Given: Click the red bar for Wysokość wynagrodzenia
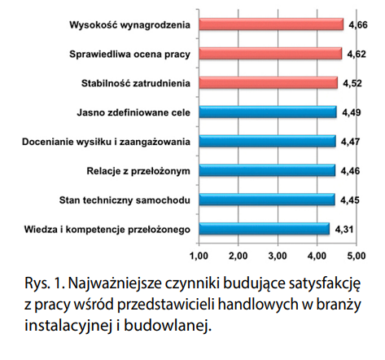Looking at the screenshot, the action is [x=271, y=24].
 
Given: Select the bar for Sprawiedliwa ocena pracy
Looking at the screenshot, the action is [x=270, y=54].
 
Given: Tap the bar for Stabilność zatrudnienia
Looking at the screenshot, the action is [x=269, y=83].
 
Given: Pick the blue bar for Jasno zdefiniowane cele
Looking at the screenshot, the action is [x=268, y=112].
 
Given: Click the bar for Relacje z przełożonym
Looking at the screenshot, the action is [x=267, y=170].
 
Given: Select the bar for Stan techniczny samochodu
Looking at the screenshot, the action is [x=267, y=200].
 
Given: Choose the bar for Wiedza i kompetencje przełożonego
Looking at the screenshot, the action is [x=265, y=229].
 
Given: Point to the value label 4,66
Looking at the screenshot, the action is [x=358, y=25].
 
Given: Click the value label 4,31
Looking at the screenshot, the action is [x=344, y=230].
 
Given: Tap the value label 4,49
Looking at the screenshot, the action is [x=352, y=112].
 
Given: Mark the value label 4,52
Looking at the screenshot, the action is [x=352, y=83].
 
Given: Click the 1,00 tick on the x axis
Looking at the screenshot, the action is [x=199, y=256].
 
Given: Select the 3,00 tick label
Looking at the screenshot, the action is [x=278, y=256].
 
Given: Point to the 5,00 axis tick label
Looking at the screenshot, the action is [x=357, y=256].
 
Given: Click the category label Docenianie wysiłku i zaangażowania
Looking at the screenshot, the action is [x=106, y=142].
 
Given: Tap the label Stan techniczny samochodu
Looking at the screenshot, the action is [x=125, y=200].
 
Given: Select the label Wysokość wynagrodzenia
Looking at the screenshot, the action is [x=129, y=25].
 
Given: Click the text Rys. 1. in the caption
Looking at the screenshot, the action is [x=44, y=284].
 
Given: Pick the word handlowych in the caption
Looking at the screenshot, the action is [x=258, y=305].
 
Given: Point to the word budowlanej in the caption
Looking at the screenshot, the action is [x=168, y=326].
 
